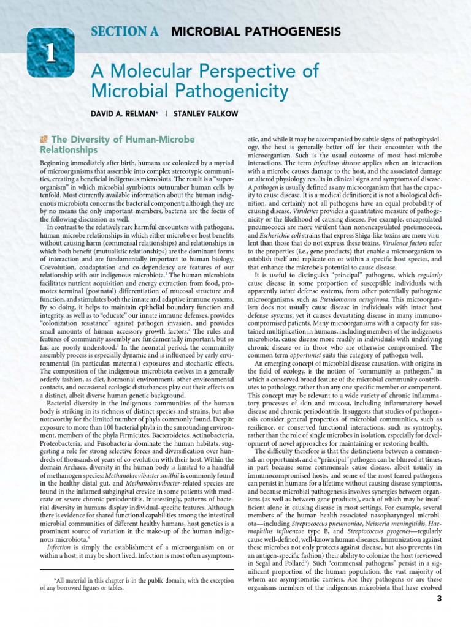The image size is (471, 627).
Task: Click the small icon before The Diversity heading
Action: tap(44, 140)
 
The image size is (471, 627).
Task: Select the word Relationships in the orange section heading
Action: tap(69, 150)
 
